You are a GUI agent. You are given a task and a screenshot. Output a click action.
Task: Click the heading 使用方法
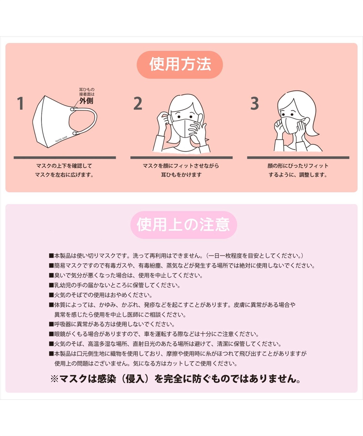point(180,64)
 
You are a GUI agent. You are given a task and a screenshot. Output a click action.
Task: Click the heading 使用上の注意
point(183,225)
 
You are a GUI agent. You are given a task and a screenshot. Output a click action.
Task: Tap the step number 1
point(20,104)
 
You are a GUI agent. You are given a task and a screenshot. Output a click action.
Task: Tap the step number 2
point(138,104)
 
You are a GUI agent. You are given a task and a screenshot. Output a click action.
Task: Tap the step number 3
point(255,104)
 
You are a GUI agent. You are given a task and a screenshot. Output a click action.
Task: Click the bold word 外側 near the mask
point(86,101)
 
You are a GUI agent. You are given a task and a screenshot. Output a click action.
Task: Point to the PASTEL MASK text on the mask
point(61,139)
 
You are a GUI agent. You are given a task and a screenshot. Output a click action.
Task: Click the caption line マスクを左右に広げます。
point(64,175)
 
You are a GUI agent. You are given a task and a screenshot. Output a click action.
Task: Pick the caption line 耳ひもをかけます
point(181,175)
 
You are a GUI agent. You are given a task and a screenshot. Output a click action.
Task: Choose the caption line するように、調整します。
point(298,175)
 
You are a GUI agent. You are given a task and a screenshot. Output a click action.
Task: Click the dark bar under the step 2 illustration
point(181,158)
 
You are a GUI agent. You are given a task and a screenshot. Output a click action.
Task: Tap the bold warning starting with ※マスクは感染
point(176,379)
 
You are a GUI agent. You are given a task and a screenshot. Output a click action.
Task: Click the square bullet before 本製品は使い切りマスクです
point(51,256)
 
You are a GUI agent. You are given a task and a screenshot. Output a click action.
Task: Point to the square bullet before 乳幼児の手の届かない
point(51,285)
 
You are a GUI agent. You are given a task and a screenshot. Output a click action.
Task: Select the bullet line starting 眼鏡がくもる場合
point(154,334)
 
